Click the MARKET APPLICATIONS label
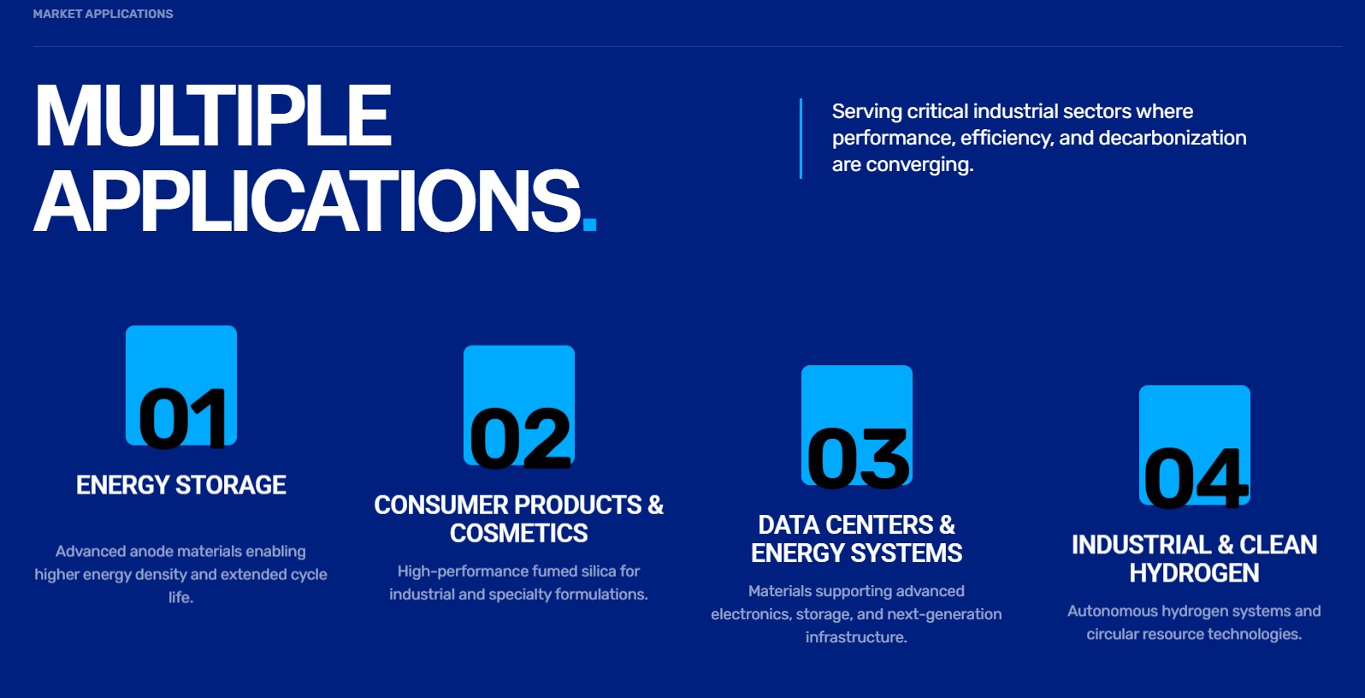103,14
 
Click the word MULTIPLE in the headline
213,115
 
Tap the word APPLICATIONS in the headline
307,200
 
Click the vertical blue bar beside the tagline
801,139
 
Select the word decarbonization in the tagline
1173,138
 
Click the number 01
183,419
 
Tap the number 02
520,439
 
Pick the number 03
857,459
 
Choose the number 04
1195,478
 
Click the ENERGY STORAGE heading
181,485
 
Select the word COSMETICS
518,534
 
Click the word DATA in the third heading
784,525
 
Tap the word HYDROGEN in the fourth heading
1194,573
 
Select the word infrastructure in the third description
856,637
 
